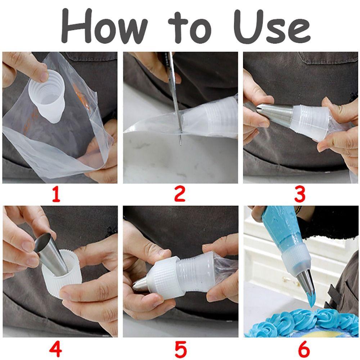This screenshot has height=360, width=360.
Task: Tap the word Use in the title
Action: [272, 26]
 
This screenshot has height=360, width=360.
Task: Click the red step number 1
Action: [56, 194]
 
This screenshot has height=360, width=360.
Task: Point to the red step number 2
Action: [180, 194]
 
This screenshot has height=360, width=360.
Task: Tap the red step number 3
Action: [300, 194]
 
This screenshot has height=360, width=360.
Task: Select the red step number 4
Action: [55, 348]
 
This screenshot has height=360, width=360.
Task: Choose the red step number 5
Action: [181, 348]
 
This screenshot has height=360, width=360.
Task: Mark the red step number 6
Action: [304, 348]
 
